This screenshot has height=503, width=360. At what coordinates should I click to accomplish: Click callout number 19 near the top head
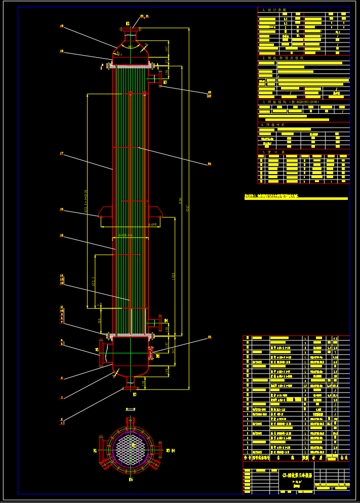(x=62, y=26)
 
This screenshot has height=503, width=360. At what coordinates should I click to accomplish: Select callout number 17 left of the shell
(x=62, y=153)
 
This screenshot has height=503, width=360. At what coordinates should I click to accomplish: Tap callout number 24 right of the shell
(x=209, y=163)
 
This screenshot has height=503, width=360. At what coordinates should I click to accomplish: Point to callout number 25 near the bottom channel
(x=209, y=337)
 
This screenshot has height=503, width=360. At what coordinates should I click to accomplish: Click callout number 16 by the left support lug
(x=62, y=209)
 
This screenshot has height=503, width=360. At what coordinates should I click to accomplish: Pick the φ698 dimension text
(x=152, y=224)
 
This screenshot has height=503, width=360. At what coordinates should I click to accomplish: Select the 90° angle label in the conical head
(x=130, y=47)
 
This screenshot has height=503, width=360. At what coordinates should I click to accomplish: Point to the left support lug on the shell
(x=105, y=212)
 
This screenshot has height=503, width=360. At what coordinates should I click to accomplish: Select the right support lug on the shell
(x=155, y=212)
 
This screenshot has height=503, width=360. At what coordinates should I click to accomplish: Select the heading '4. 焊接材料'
(x=274, y=124)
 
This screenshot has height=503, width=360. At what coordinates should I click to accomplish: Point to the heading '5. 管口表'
(x=273, y=152)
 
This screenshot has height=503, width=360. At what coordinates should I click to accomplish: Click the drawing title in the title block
(x=297, y=475)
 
